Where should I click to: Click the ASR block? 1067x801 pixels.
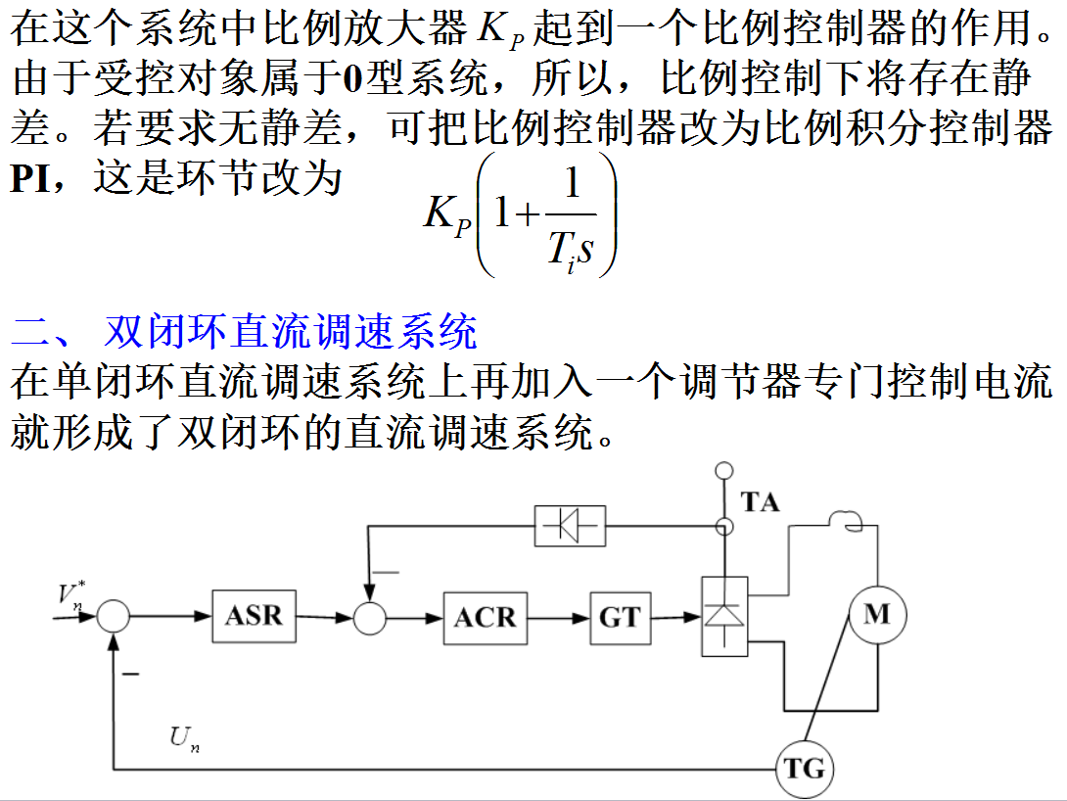pos(254,615)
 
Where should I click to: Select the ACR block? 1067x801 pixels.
pos(485,617)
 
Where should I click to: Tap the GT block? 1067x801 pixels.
pos(620,617)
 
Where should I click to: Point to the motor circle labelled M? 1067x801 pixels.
pos(877,614)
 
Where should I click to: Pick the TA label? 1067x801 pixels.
pos(761,502)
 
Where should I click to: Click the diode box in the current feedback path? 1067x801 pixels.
pos(570,526)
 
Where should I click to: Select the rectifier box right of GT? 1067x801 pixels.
pos(724,616)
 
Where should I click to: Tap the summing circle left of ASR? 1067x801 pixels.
pos(114,616)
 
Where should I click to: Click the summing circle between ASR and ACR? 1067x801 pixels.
pos(369,617)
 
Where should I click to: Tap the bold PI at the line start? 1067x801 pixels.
pos(30,179)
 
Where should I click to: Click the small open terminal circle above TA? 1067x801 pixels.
pos(723,471)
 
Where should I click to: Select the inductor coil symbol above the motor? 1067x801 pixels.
pos(844,520)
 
